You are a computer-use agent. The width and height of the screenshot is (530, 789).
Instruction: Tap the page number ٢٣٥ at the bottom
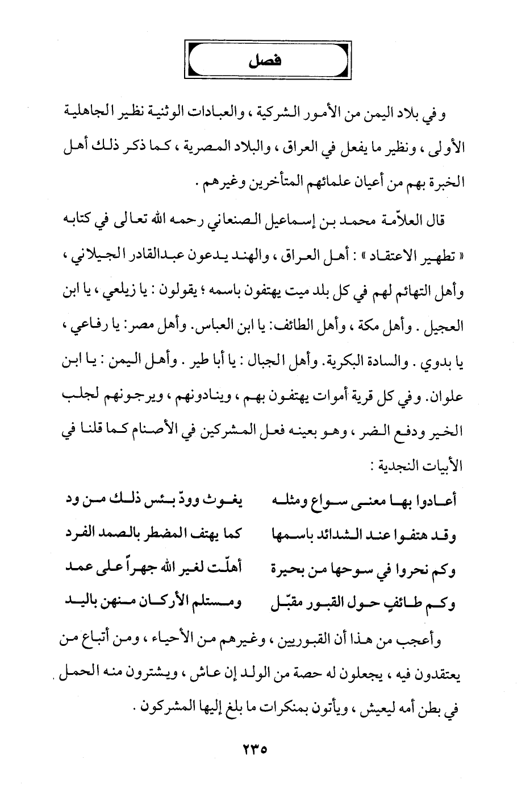pos(251,749)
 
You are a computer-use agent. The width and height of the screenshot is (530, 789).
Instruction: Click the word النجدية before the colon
pos(404,466)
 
